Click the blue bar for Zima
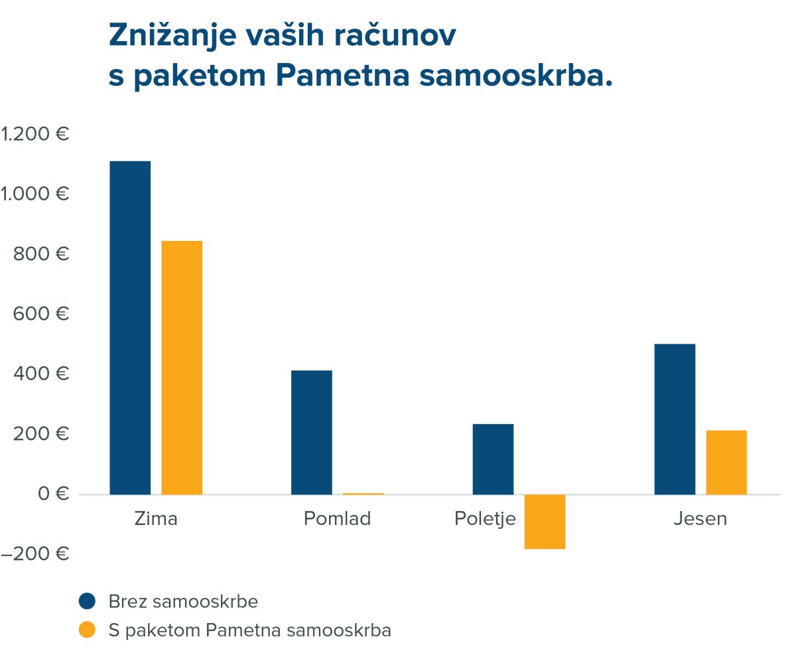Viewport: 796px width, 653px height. click(130, 328)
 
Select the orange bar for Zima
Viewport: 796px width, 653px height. click(182, 368)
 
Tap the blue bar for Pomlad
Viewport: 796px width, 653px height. click(312, 432)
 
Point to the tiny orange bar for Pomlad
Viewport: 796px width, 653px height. click(363, 494)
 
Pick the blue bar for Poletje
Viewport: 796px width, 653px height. click(493, 459)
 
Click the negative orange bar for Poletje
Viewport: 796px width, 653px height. click(545, 522)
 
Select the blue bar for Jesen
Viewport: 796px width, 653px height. click(675, 419)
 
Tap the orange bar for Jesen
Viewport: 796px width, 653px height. click(726, 462)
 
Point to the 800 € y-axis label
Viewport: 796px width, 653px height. click(40, 254)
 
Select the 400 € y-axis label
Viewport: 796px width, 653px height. click(40, 374)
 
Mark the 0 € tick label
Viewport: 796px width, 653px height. click(54, 494)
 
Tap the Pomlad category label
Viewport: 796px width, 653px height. click(337, 518)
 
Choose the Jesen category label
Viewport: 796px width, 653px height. click(700, 518)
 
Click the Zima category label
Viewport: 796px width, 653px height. click(156, 518)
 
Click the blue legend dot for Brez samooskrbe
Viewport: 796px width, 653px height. click(87, 601)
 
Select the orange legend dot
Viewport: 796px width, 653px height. click(87, 630)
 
